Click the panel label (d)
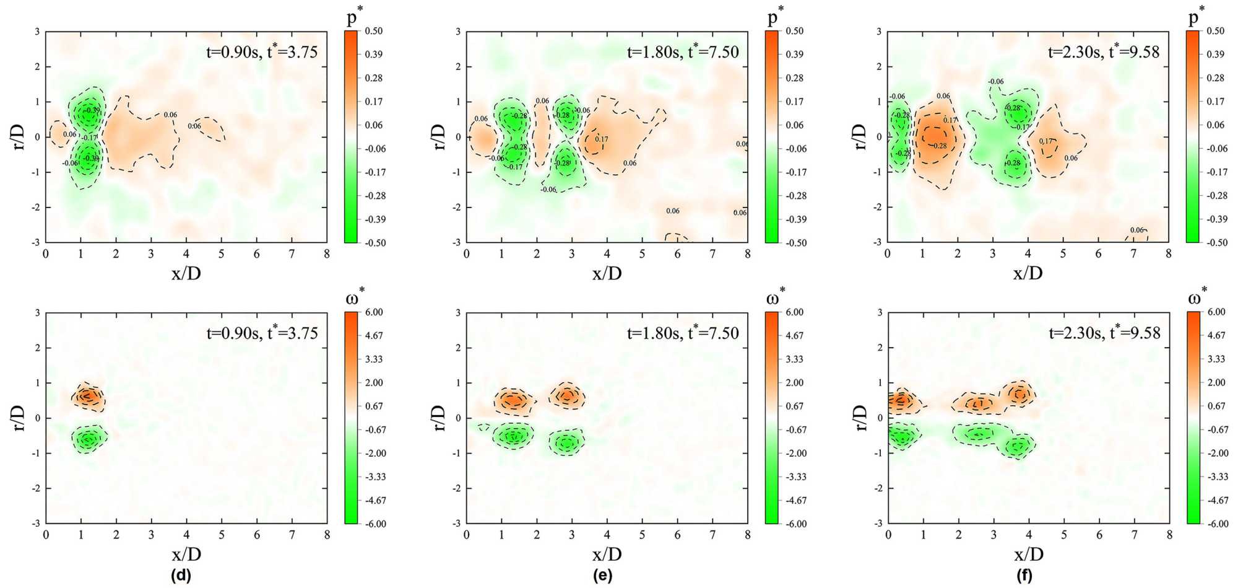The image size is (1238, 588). (x=181, y=576)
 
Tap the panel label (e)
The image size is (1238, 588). (x=602, y=576)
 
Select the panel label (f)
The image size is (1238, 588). (x=1024, y=576)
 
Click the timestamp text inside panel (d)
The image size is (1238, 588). (x=262, y=333)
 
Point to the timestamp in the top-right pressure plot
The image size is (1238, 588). (x=1104, y=51)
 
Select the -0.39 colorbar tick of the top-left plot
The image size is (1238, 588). (x=374, y=219)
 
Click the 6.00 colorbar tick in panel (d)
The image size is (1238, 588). (x=374, y=312)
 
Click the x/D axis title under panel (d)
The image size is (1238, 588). (x=186, y=554)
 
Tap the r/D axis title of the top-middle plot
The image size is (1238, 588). (x=438, y=137)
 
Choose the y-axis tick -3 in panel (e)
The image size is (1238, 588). (x=457, y=524)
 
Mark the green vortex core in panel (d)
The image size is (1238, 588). (x=89, y=439)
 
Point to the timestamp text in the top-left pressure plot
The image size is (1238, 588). (x=262, y=51)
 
